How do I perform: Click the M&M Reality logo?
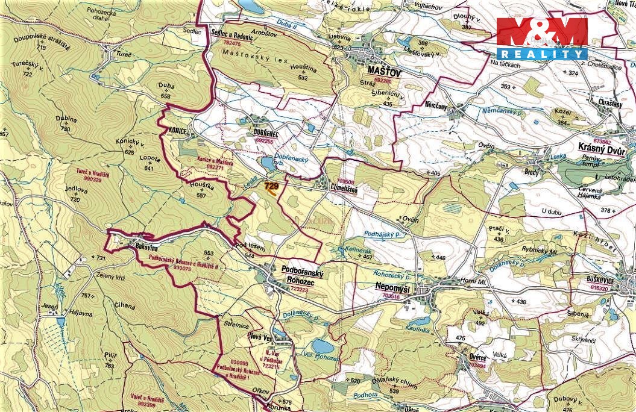pos(542,39)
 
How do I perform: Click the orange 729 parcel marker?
pos(271,188)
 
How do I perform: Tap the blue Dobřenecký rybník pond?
pos(266,163)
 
